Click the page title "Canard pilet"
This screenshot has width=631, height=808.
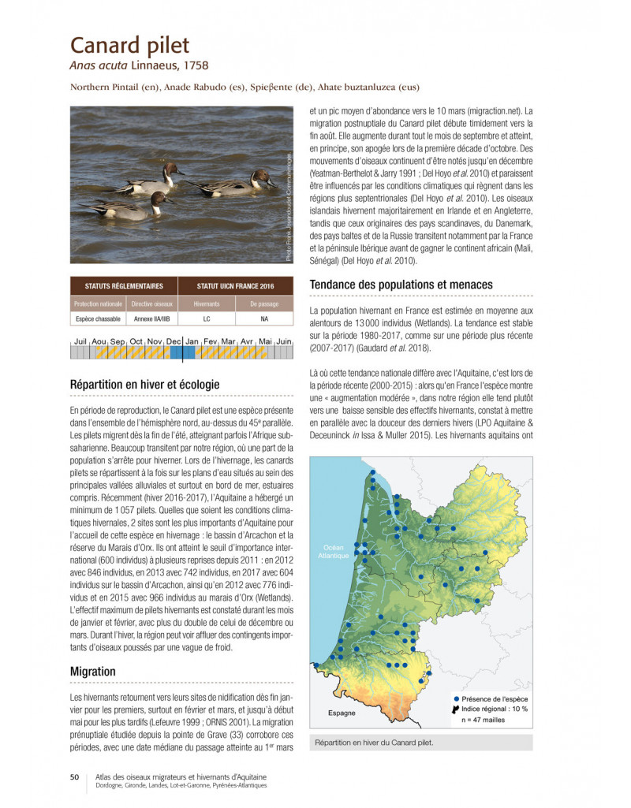[x=129, y=44]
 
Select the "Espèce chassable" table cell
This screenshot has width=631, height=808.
[x=97, y=319]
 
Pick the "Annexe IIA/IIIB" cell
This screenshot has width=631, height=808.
[x=151, y=319]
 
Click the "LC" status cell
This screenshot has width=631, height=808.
[x=206, y=319]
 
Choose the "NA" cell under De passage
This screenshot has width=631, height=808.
[x=264, y=319]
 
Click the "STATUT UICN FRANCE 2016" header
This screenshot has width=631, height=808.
[x=234, y=286]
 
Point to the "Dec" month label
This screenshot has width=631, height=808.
[x=174, y=341]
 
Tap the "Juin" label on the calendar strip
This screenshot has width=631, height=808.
[x=284, y=341]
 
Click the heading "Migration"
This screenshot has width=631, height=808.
[x=92, y=672]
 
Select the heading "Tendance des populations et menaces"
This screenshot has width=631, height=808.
[x=401, y=285]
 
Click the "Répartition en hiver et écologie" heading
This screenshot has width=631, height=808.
[x=144, y=385]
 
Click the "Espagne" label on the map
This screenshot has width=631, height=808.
[x=341, y=713]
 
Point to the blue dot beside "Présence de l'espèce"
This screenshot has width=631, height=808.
[x=456, y=698]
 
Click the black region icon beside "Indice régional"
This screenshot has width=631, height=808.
[x=456, y=709]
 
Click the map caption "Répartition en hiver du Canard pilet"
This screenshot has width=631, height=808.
[x=374, y=742]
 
